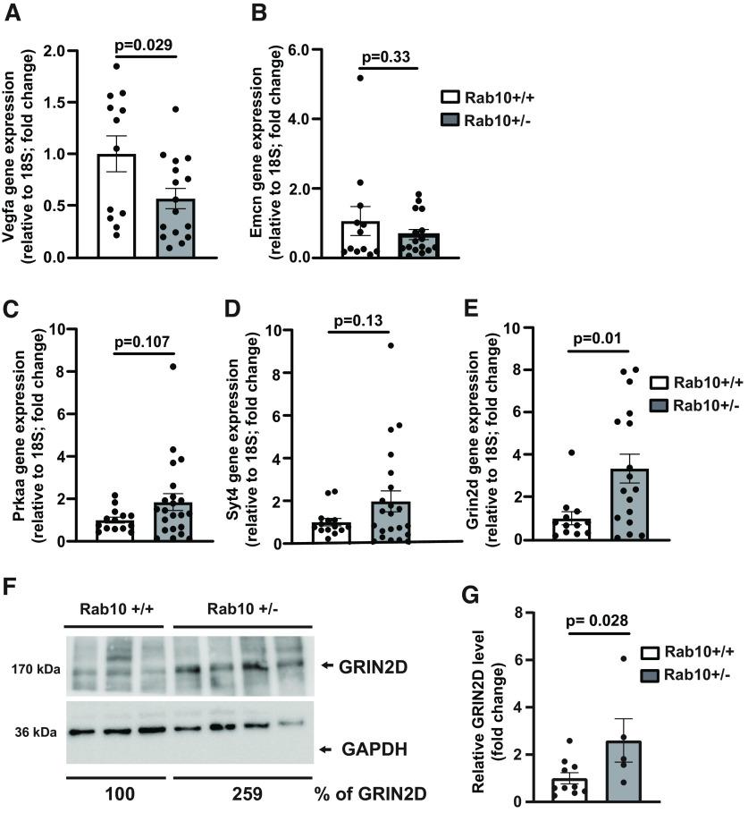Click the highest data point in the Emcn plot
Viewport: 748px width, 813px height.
click(360, 79)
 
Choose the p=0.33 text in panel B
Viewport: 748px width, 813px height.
click(384, 57)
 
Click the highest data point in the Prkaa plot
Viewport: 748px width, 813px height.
click(172, 367)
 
